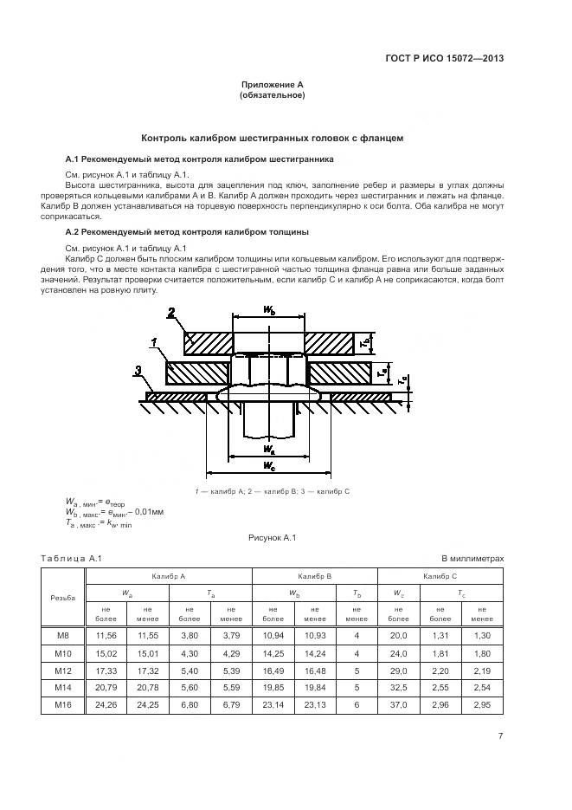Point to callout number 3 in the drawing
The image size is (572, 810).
coord(138,372)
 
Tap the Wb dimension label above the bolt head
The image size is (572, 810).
coord(268,310)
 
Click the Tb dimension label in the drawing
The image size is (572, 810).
coord(365,343)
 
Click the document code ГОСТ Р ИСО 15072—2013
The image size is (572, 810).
coord(444,59)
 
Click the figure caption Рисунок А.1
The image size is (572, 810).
coord(273,538)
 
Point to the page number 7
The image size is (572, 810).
coord(501,736)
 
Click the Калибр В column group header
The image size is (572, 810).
coord(315,576)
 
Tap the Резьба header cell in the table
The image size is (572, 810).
coord(64,598)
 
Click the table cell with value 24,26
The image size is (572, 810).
coord(105,706)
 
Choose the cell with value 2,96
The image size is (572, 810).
coord(440,706)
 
